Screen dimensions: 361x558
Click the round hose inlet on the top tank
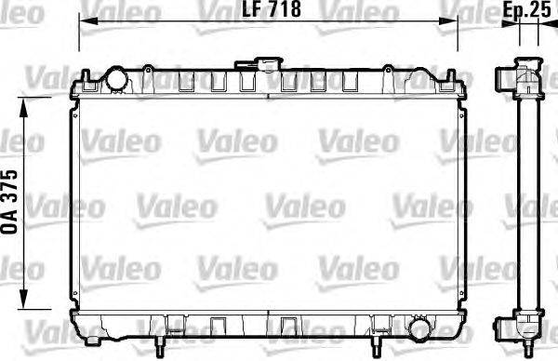coord(116,81)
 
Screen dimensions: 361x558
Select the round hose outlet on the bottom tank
coord(419,329)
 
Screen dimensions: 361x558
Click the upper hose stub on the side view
coord(503,75)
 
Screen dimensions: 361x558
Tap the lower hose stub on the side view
coord(503,326)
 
